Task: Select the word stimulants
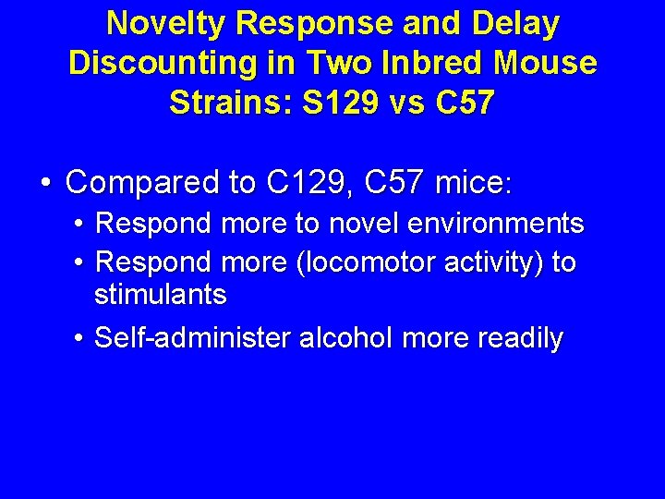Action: (x=161, y=295)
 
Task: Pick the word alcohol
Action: (x=348, y=338)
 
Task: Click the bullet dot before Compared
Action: (x=45, y=184)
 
